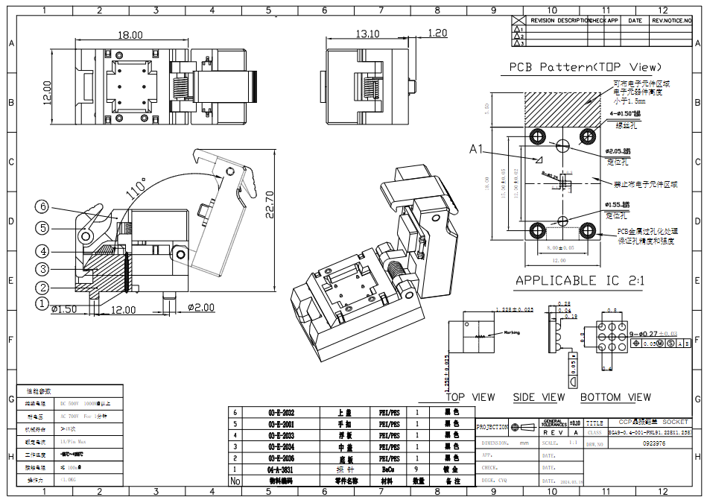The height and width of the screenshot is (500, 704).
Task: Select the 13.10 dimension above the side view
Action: click(x=367, y=34)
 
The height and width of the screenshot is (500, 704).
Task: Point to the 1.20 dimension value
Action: click(x=437, y=33)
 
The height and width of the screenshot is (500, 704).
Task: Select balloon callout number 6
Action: click(x=43, y=206)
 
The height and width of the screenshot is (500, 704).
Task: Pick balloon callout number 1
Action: click(x=43, y=303)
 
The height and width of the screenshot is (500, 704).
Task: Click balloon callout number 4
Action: click(x=43, y=251)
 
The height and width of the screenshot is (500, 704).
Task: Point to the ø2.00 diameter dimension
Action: click(x=200, y=308)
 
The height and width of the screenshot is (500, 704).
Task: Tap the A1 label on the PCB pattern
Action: click(x=478, y=150)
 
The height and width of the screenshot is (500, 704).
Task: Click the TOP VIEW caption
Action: click(x=471, y=397)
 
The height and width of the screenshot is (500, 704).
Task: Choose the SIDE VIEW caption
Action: click(x=539, y=397)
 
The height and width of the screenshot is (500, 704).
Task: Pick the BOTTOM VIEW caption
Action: click(x=615, y=397)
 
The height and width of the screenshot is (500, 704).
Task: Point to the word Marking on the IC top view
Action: click(x=512, y=332)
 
